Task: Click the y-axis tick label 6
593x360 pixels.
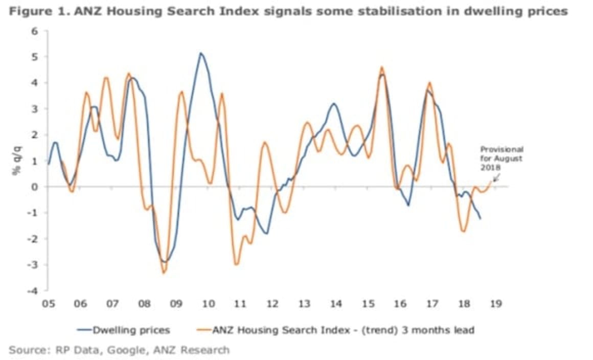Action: [35, 31]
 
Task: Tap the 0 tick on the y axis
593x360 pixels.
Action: [35, 187]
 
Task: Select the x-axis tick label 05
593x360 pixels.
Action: [49, 304]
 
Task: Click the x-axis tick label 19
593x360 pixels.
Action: [495, 304]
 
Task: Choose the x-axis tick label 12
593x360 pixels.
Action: [272, 304]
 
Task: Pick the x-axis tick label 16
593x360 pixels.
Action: [400, 304]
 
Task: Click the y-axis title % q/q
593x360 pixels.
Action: [16, 161]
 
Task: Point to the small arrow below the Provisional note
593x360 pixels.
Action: [495, 177]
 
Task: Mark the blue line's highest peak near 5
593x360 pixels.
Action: [201, 53]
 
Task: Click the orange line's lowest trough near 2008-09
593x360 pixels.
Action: [164, 273]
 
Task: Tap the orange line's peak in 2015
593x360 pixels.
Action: [381, 67]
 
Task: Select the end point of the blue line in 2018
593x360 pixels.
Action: [481, 219]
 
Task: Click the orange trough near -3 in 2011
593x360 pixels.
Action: [236, 264]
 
